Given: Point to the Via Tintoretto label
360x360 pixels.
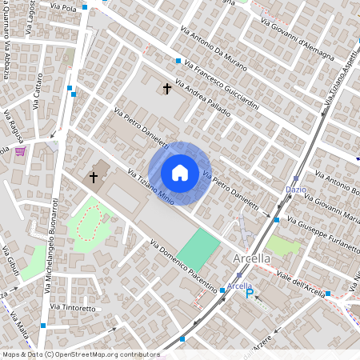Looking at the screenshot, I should [x=73, y=307].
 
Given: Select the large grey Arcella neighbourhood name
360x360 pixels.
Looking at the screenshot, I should [x=252, y=259].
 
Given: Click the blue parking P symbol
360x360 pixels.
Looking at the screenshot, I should [x=250, y=294].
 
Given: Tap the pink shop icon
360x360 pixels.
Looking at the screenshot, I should [x=20, y=150].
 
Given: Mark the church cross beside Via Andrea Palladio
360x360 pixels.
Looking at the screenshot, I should [x=167, y=88].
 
